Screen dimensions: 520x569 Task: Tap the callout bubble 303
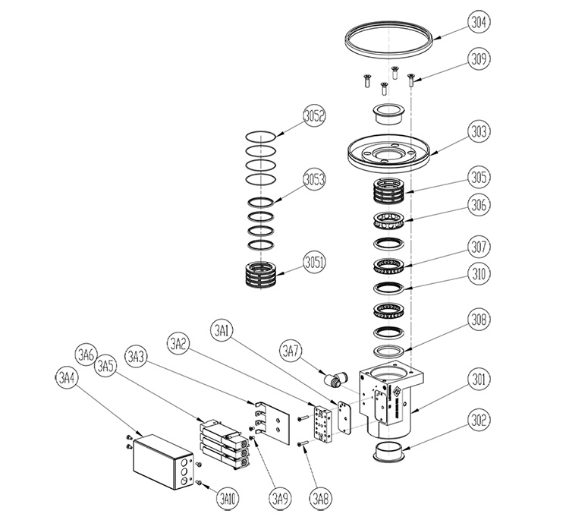point(479,130)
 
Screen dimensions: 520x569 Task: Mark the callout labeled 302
point(479,419)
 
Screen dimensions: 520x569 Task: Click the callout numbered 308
point(479,320)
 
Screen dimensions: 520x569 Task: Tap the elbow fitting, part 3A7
point(332,377)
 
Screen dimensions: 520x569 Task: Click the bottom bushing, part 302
point(390,454)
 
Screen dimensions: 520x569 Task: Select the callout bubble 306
point(479,204)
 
